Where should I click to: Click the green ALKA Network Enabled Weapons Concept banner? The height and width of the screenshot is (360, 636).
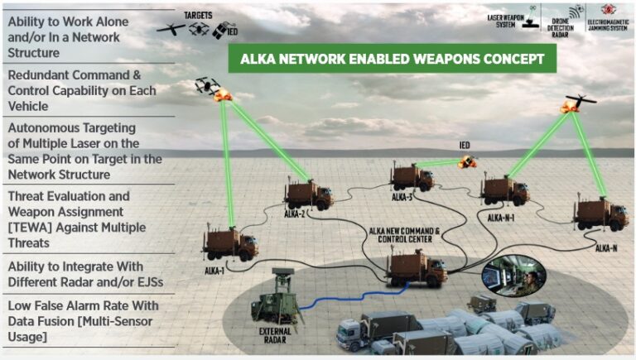coord(392,60)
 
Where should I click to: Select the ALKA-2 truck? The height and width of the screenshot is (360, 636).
coord(308,194)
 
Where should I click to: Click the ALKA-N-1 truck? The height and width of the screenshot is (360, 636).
coord(504,190)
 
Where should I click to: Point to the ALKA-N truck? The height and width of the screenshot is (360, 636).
coord(600,214)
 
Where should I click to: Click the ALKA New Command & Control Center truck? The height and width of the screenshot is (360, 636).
coord(417,267)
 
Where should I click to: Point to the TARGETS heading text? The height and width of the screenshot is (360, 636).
coord(199,14)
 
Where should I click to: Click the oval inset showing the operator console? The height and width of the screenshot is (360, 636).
coord(513,276)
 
